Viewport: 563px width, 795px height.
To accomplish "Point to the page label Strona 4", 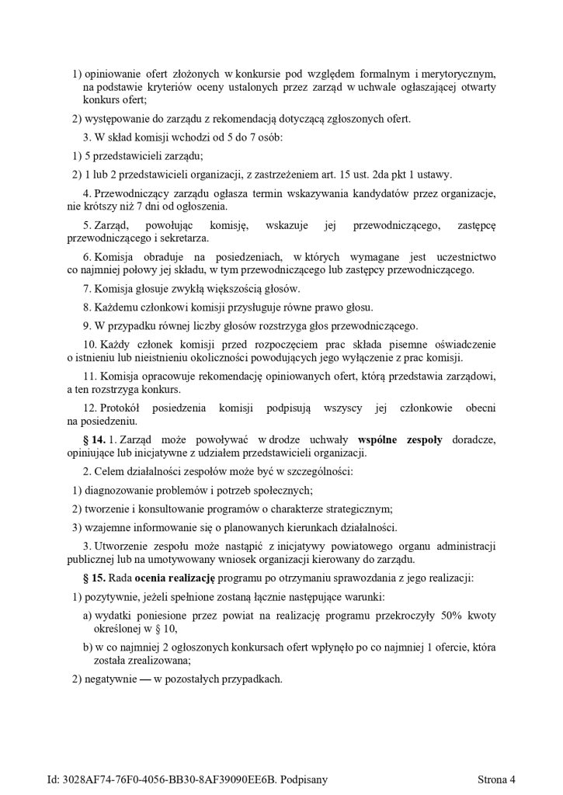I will (498, 779).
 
